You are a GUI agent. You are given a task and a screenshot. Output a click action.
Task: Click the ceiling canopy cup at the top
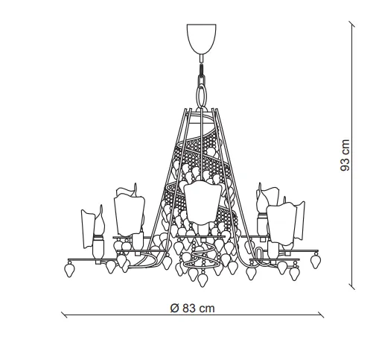(201, 39)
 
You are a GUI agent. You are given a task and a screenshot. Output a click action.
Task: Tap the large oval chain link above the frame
(202, 95)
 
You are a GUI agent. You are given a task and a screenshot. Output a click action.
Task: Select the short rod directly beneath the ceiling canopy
(202, 58)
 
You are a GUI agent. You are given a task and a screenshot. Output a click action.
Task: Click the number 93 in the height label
(345, 162)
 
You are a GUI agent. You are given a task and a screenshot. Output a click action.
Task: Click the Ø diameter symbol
(175, 308)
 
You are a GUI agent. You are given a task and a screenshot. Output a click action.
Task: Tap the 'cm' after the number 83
(207, 309)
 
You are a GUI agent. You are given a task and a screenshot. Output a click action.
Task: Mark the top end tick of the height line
(351, 24)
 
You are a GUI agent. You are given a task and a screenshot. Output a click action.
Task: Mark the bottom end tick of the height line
(351, 286)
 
